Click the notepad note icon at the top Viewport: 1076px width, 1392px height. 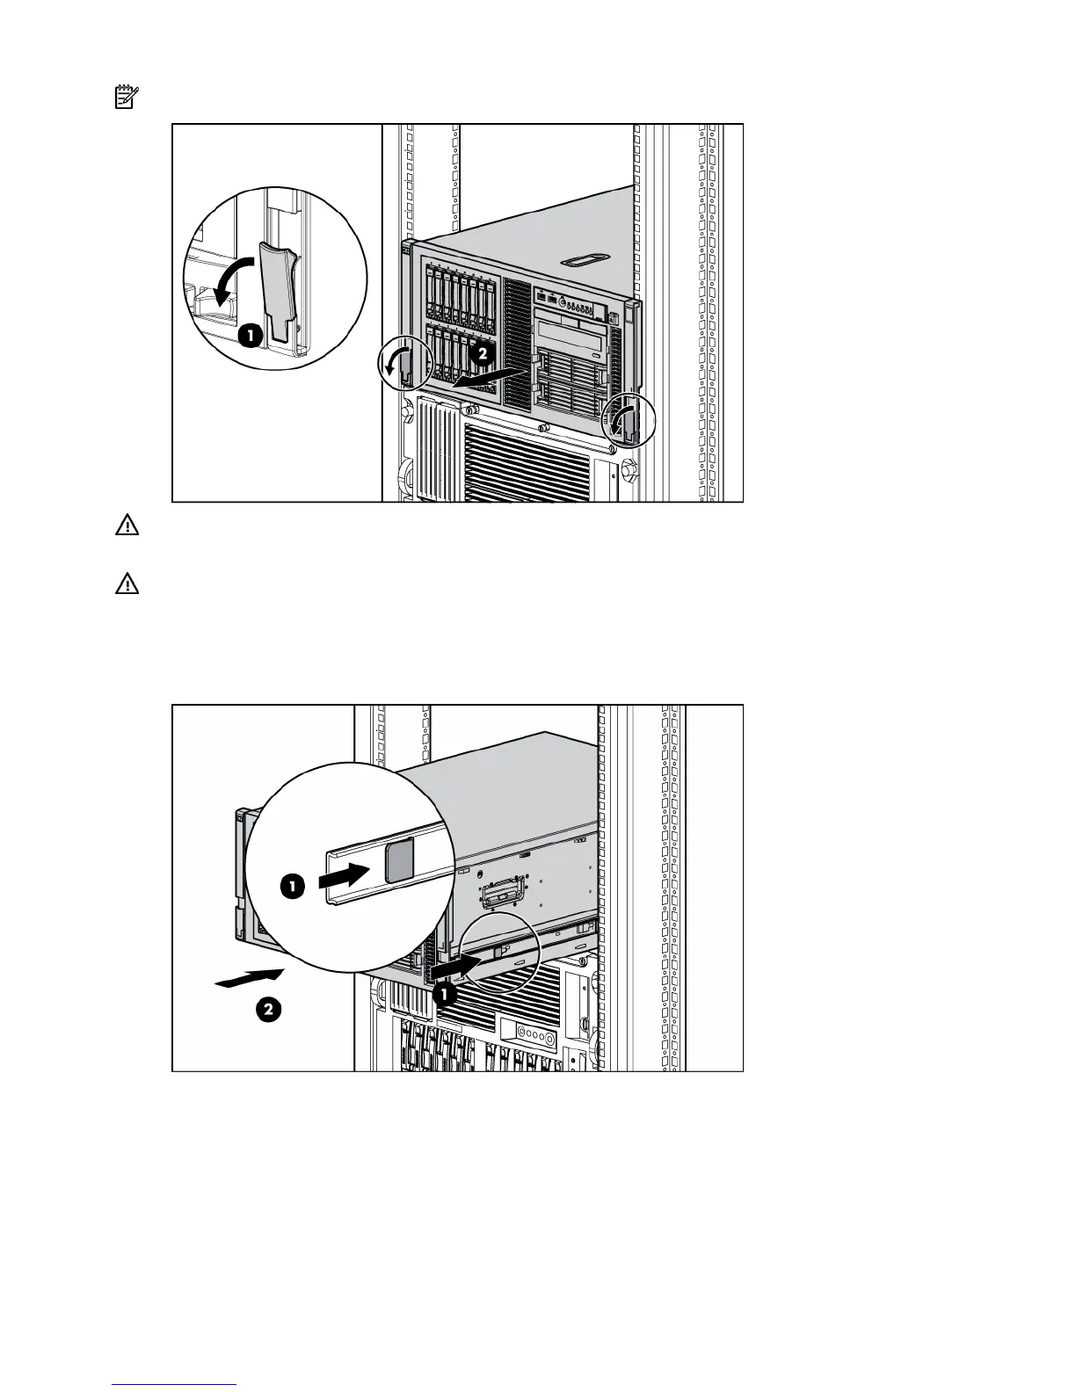point(127,97)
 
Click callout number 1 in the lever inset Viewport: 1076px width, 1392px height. point(249,335)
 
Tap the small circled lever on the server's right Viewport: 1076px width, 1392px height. point(627,422)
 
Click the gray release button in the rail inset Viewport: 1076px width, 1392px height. point(399,859)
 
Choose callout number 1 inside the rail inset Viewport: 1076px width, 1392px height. point(293,887)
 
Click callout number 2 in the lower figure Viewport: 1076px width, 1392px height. point(269,1010)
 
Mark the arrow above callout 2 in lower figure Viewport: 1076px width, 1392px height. point(250,977)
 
